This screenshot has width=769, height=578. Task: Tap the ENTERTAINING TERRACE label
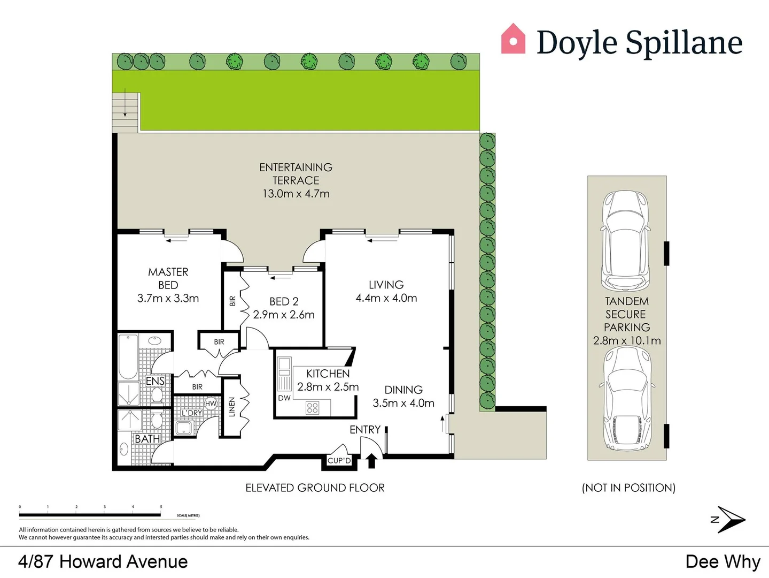(x=296, y=174)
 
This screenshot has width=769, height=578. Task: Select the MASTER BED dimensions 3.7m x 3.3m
(x=168, y=299)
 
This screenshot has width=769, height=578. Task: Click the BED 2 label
(x=284, y=302)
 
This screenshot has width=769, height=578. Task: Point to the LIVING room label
(x=386, y=285)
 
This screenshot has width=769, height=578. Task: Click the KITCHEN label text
(x=328, y=374)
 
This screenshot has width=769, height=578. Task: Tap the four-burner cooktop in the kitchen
(x=313, y=408)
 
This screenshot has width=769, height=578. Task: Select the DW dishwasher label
(x=284, y=398)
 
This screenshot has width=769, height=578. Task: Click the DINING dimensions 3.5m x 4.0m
(x=403, y=403)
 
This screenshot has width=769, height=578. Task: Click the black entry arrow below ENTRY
(x=371, y=461)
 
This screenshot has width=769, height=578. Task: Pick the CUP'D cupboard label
(x=339, y=461)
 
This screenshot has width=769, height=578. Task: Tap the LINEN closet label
(x=232, y=407)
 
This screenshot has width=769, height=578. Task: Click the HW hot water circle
(x=211, y=404)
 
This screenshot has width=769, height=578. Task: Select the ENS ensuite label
(x=156, y=381)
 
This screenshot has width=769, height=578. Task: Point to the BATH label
(x=147, y=439)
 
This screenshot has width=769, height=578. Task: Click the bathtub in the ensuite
(x=128, y=356)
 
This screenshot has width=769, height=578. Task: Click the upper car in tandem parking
(x=626, y=240)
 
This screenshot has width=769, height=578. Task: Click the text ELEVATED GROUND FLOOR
(x=315, y=488)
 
